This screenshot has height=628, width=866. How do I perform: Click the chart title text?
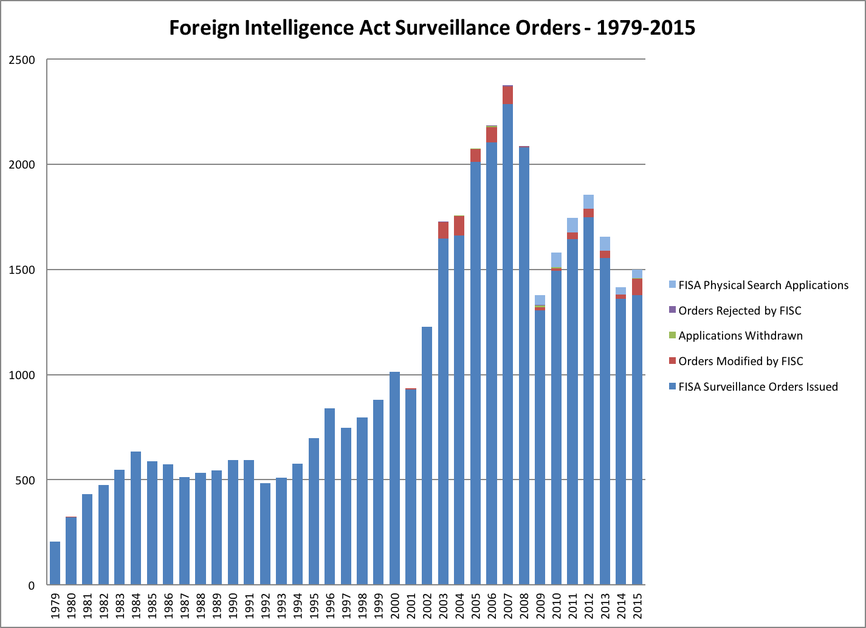tap(431, 28)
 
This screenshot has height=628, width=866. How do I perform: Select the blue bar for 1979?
tap(55, 563)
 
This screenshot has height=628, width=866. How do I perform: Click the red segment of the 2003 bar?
tap(443, 230)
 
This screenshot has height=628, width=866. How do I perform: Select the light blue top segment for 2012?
tap(588, 201)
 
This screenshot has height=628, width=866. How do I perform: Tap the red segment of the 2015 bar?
tap(637, 287)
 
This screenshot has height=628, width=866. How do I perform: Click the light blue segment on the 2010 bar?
tap(556, 260)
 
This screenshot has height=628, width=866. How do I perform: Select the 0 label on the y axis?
tap(32, 585)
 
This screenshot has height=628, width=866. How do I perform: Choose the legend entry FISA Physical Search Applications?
tap(763, 285)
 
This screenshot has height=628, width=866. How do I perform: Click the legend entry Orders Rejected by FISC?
tap(740, 311)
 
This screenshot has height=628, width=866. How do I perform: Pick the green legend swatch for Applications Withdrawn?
tap(672, 336)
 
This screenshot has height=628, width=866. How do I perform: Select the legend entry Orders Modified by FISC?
tap(740, 361)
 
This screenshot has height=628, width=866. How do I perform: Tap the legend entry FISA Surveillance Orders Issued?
tap(758, 387)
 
